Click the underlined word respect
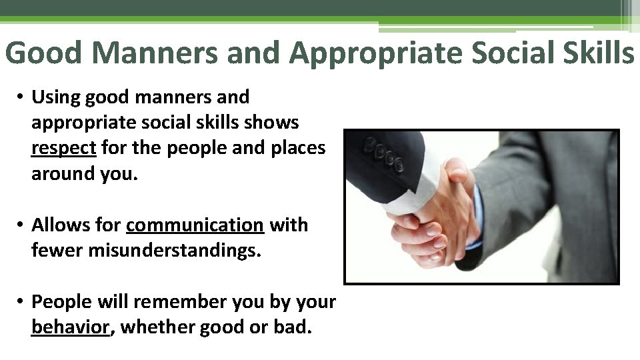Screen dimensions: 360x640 click(64, 148)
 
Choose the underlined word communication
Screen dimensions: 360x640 click(195, 225)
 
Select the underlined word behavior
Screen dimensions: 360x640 click(70, 328)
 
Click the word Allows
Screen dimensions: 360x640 click(58, 225)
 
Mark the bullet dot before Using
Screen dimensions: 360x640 click(21, 98)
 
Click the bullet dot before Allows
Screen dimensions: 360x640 click(21, 226)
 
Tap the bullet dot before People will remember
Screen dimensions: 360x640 click(21, 303)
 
